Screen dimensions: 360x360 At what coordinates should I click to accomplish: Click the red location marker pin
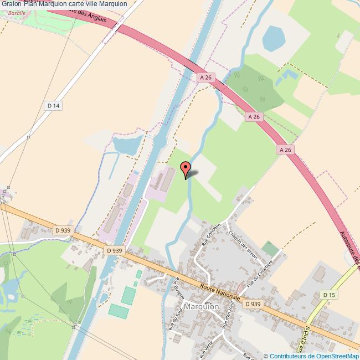pos(186,168)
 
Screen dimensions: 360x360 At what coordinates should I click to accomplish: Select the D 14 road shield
pos(53,106)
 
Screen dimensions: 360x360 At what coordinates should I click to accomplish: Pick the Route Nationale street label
pos(220,290)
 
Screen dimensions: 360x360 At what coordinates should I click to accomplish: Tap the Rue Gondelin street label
pos(212,235)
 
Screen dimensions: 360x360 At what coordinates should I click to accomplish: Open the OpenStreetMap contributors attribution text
pos(312,356)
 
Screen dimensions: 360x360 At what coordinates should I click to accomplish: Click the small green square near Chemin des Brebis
pos(270,248)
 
